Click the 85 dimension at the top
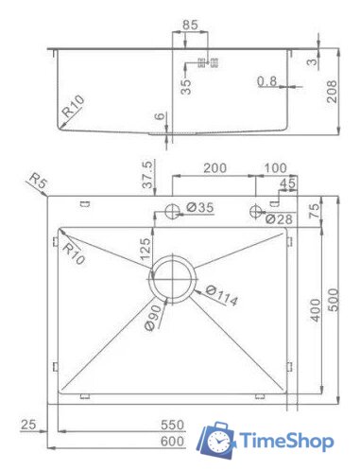click(190, 25)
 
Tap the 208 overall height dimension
click(332, 92)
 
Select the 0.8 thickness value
click(266, 81)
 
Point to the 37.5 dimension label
click(147, 174)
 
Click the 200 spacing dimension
click(214, 167)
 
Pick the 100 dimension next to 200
click(275, 167)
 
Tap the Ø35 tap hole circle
click(172, 211)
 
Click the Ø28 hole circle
click(255, 211)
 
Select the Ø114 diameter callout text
click(222, 295)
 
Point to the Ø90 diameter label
click(155, 317)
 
